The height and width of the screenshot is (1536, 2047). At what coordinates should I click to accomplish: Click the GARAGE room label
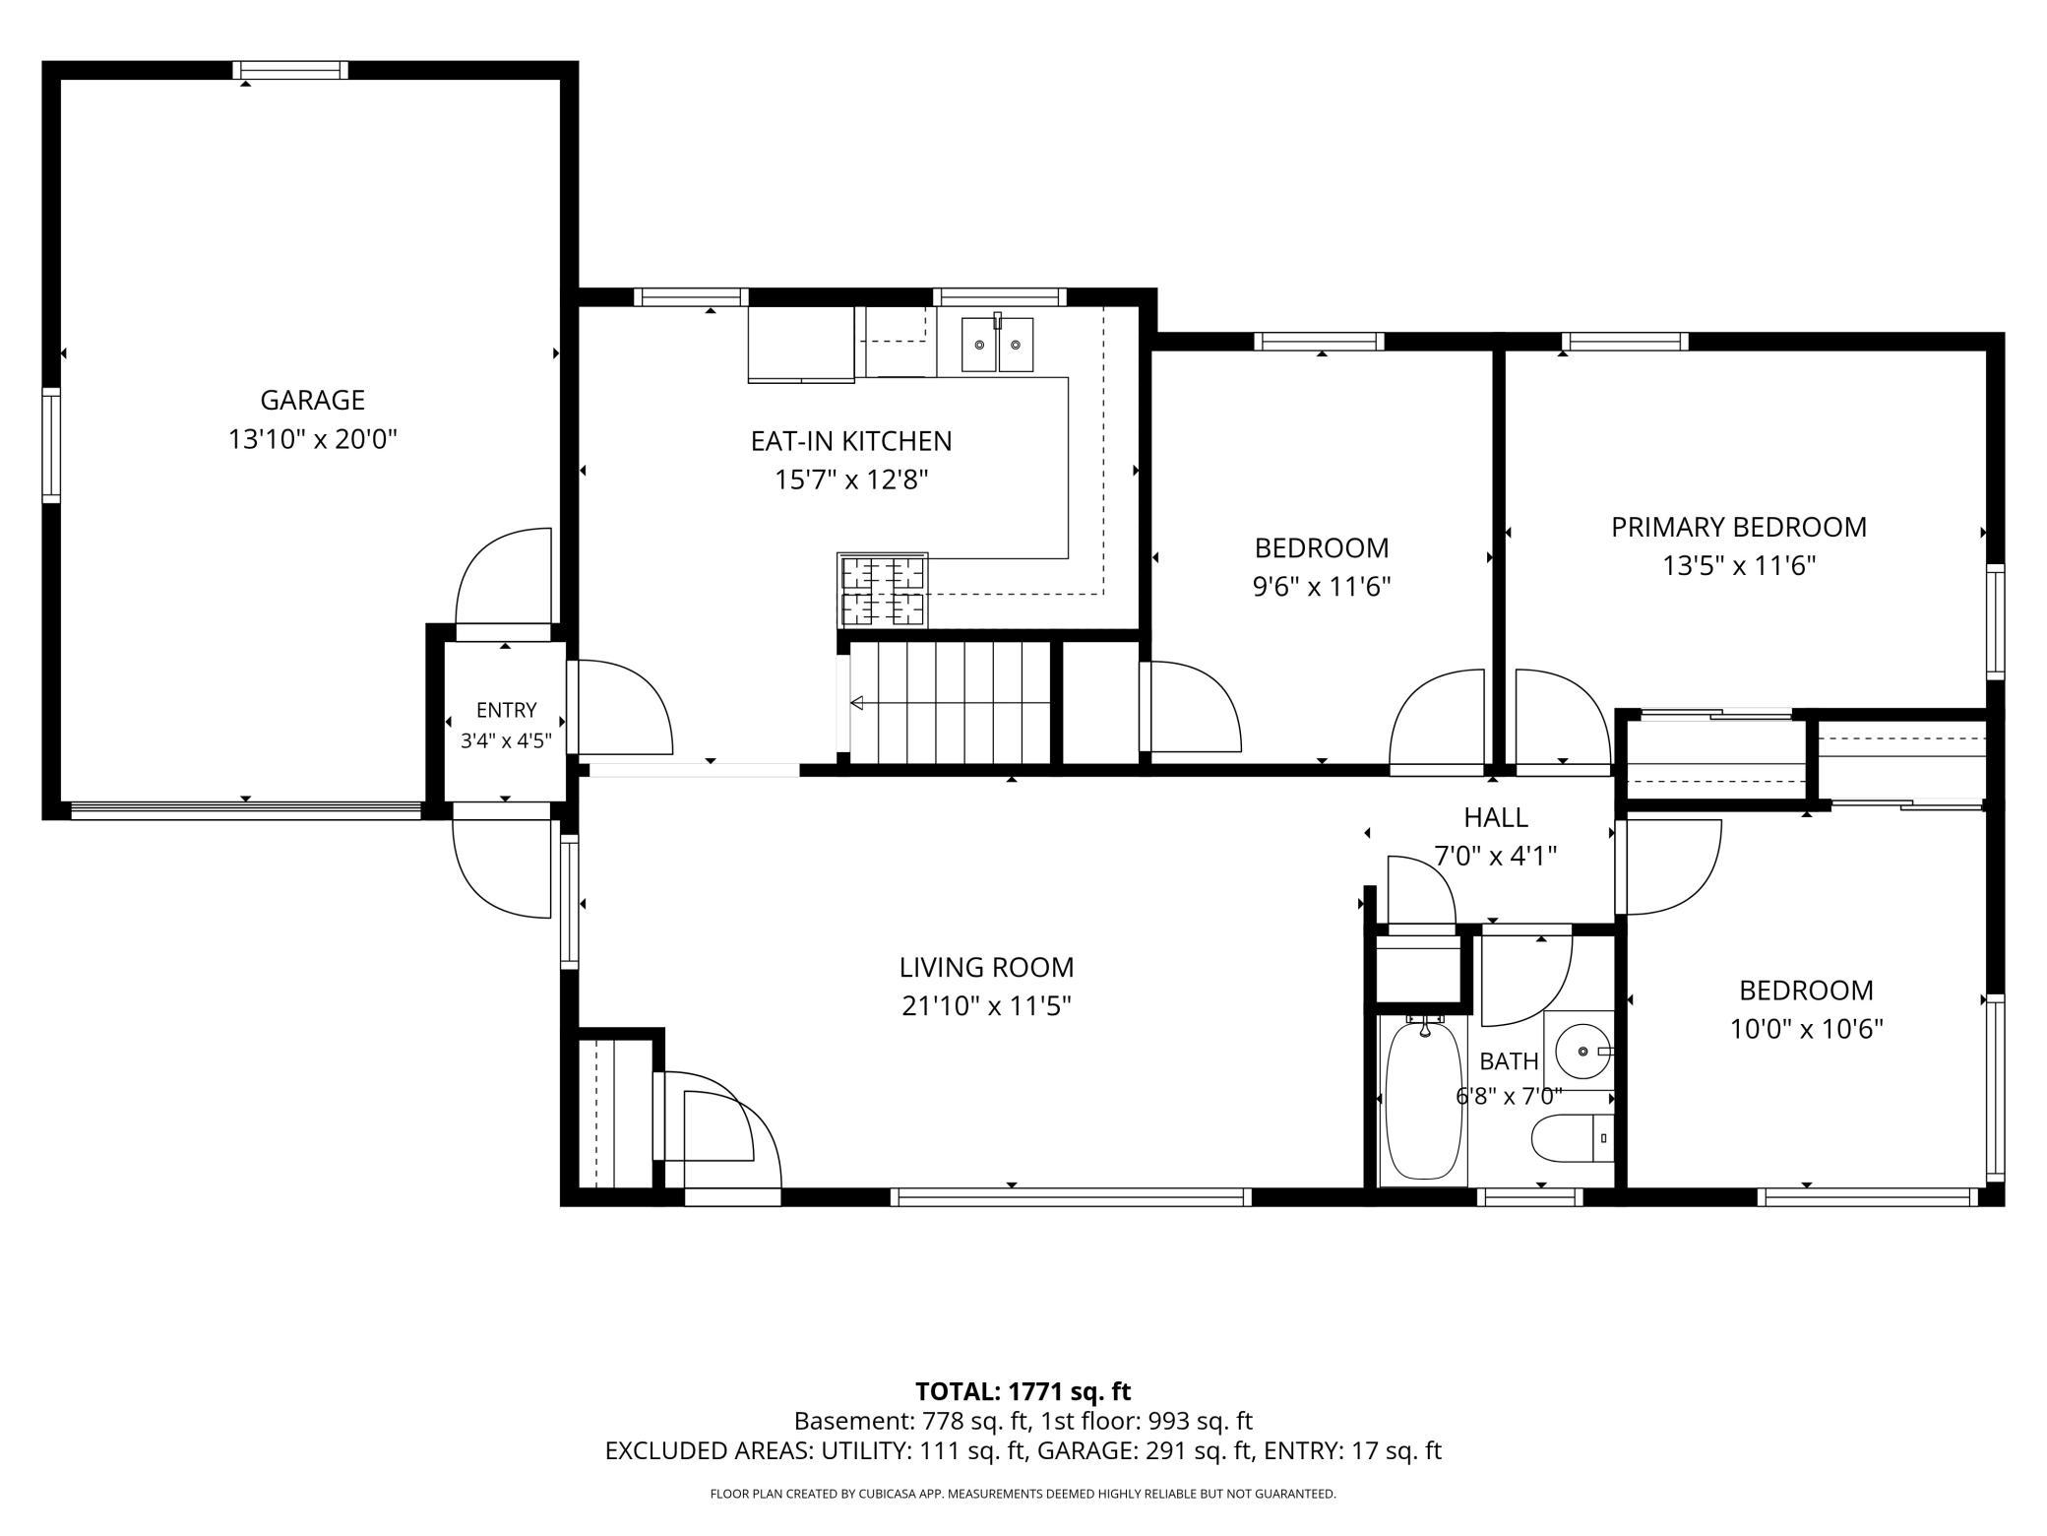click(x=312, y=400)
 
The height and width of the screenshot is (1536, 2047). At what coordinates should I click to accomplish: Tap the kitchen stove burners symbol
click(x=883, y=590)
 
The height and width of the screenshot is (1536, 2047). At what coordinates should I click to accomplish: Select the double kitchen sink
click(x=998, y=344)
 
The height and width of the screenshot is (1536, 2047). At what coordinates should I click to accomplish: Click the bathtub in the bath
click(x=1423, y=1102)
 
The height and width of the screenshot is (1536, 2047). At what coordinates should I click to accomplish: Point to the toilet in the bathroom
click(x=1573, y=1138)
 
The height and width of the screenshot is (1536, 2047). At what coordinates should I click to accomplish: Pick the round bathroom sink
click(x=1581, y=1052)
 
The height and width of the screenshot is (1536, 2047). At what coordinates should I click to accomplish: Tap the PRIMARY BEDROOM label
click(x=1739, y=528)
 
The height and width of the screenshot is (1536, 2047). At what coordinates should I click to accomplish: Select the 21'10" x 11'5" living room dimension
click(x=986, y=1006)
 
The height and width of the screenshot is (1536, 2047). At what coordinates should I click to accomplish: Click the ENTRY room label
click(x=507, y=710)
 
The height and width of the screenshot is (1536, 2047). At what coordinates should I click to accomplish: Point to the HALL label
click(x=1496, y=817)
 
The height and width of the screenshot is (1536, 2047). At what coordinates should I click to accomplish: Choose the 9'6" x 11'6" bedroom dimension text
click(x=1322, y=587)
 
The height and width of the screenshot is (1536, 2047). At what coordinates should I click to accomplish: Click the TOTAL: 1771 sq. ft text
click(x=1023, y=1391)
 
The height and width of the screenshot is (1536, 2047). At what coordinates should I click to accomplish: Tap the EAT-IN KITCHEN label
click(x=851, y=441)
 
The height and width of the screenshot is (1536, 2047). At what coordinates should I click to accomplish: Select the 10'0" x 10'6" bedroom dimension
click(x=1807, y=1029)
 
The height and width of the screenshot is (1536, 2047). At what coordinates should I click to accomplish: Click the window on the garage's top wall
click(x=290, y=70)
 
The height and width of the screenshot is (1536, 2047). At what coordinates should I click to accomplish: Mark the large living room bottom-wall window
click(x=1071, y=1197)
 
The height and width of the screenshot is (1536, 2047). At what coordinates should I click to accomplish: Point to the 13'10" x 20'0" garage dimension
click(x=313, y=439)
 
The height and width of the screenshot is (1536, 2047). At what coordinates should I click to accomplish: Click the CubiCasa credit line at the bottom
click(x=1023, y=1494)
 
